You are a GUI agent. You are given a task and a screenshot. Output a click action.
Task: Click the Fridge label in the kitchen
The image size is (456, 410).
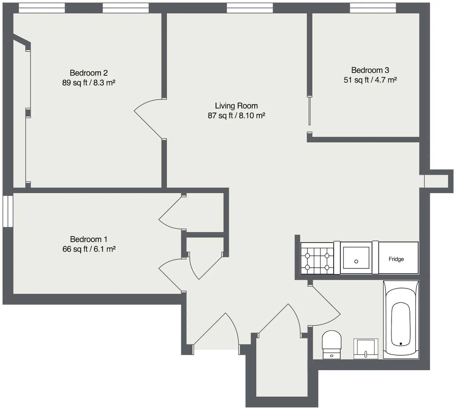[x=396, y=259]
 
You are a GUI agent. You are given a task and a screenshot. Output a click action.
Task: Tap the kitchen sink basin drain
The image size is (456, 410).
[x=356, y=262]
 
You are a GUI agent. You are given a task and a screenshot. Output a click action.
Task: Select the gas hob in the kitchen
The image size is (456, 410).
[x=317, y=258]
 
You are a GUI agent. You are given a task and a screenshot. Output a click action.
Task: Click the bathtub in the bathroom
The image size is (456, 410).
[x=401, y=319]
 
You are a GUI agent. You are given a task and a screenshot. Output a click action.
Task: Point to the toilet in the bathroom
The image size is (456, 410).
[x=332, y=345]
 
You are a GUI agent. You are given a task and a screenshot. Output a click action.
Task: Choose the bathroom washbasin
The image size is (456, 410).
[x=366, y=349]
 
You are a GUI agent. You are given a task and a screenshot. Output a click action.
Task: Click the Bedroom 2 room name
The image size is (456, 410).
[x=89, y=73]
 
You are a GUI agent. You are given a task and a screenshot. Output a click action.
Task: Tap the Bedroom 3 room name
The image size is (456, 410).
[x=370, y=70]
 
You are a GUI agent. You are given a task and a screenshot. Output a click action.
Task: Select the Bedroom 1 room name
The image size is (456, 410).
[x=89, y=239]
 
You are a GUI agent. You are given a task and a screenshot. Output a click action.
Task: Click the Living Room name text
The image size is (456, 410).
[x=236, y=106]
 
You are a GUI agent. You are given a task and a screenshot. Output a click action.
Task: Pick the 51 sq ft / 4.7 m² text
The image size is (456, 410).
[x=370, y=80]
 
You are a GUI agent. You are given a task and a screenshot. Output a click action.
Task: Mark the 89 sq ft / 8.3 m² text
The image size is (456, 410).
[x=89, y=82]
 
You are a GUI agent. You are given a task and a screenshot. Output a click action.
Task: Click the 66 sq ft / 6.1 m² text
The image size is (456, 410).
[x=89, y=249]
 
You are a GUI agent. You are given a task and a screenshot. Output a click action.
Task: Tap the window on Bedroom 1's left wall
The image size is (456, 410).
[x=8, y=211]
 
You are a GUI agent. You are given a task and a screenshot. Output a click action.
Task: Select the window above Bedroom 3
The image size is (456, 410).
[x=373, y=8]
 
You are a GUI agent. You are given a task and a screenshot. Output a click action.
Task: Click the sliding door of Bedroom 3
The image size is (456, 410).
[x=310, y=111]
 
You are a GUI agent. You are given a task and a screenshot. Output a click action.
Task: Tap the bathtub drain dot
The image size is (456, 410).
[x=401, y=344]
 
